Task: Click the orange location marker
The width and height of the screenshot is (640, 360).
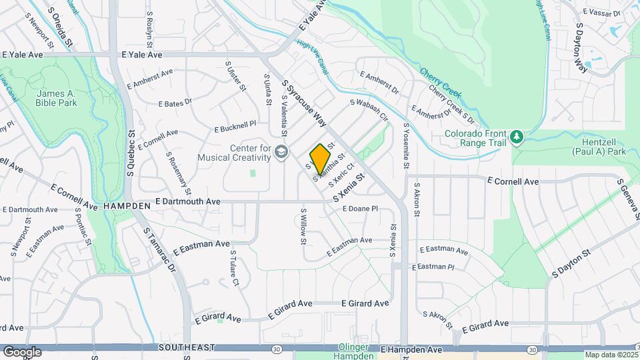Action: coord(321,157)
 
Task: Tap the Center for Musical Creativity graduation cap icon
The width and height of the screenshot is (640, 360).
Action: coord(281,153)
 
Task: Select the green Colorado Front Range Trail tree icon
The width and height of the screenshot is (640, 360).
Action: coord(517,137)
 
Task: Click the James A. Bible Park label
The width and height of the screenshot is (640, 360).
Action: coord(57,98)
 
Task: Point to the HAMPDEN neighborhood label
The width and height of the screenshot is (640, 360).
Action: coord(127,207)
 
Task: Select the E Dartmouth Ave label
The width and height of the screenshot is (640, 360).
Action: coord(188,201)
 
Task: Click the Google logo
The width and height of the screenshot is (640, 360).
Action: coord(22,351)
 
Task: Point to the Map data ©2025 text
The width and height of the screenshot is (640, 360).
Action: coord(611,355)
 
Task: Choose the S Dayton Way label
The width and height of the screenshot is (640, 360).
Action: coord(581,48)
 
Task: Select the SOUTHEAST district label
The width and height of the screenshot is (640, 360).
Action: coord(187,348)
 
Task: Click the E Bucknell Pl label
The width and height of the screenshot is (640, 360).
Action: coord(235,126)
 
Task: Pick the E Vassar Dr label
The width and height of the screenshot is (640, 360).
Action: coord(601,12)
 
